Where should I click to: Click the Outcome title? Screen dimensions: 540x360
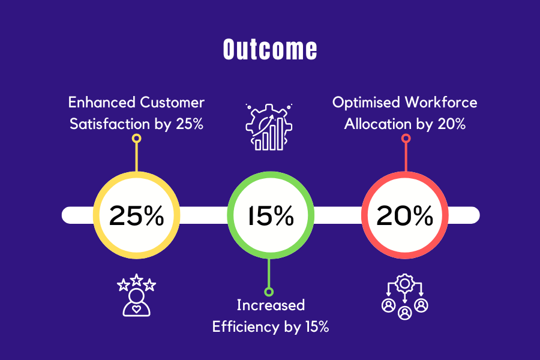tap(270, 49)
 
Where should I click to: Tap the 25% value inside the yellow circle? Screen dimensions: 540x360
tap(136, 215)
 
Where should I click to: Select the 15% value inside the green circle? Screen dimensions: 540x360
tap(271, 215)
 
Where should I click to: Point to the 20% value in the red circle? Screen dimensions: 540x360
tap(404, 215)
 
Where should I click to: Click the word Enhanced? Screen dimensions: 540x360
tap(101, 103)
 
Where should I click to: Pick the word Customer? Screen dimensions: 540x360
tap(172, 103)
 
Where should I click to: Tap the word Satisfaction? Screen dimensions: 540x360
tap(110, 124)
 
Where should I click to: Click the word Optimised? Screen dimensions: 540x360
tap(366, 103)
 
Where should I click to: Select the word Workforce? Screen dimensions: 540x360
tap(441, 103)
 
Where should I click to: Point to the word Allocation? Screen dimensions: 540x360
tap(378, 124)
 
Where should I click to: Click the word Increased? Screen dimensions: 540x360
tap(271, 305)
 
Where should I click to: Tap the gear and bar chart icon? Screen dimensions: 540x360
tap(269, 127)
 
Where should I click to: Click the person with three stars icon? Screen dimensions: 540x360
tap(136, 295)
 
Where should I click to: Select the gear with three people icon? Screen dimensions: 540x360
tap(404, 296)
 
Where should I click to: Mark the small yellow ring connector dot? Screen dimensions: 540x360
tap(137, 139)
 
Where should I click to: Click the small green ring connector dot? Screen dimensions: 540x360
tap(269, 292)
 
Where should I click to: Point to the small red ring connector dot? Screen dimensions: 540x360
tap(406, 139)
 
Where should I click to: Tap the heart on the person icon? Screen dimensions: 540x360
tap(136, 308)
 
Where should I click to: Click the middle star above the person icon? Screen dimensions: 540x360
tap(137, 280)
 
